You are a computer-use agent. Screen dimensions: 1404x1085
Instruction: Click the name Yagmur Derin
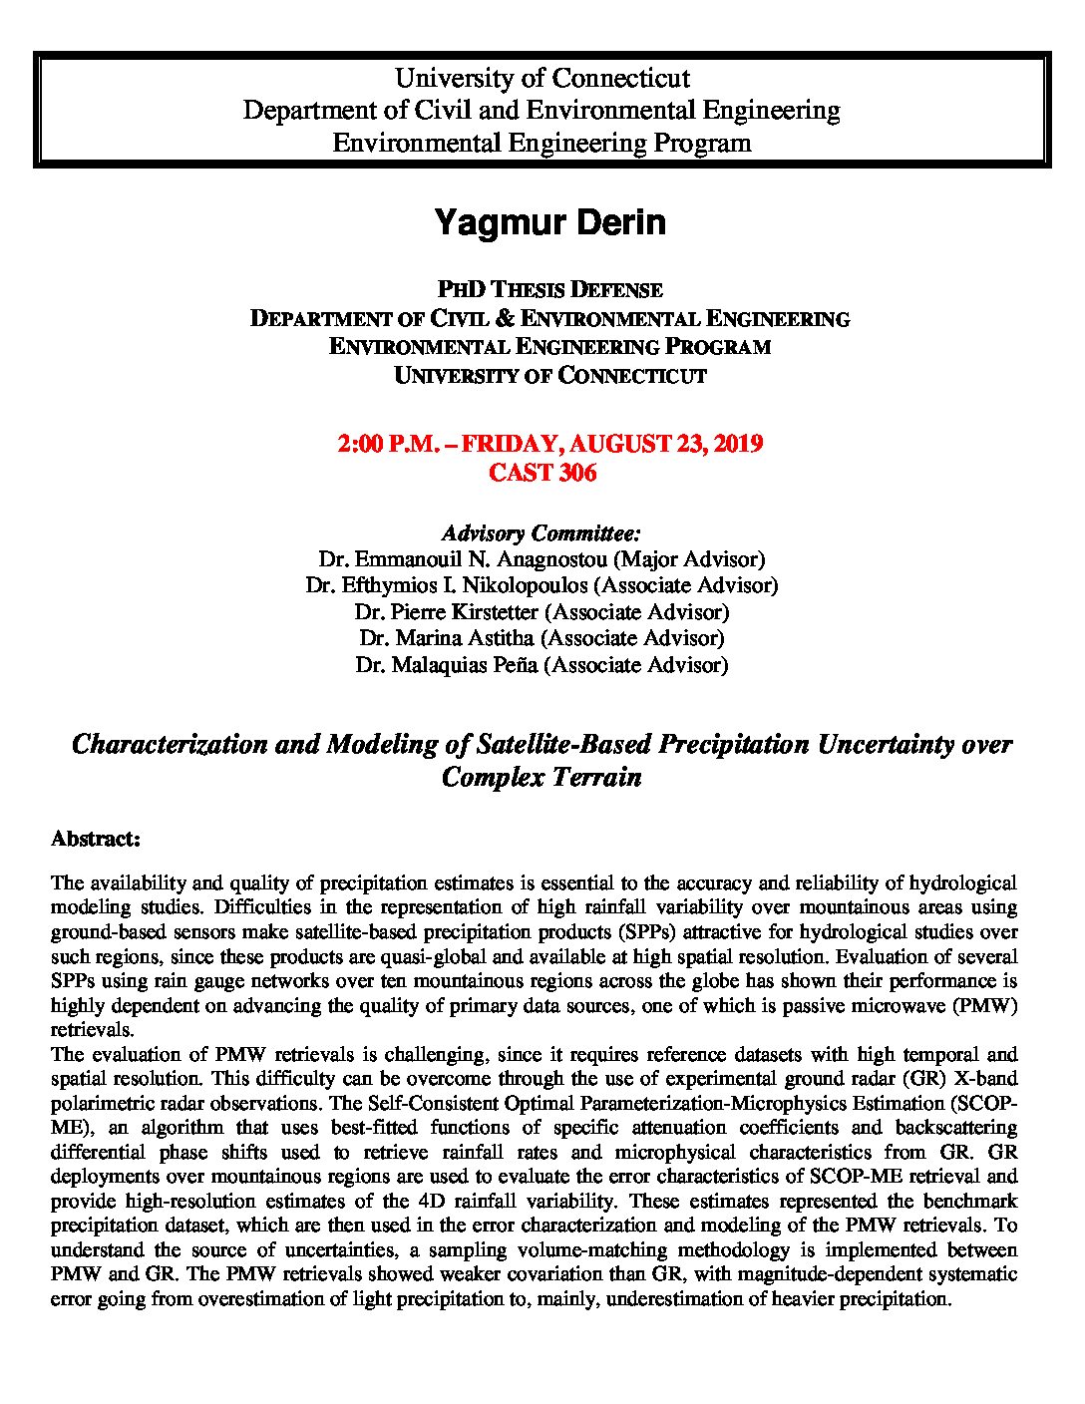(549, 222)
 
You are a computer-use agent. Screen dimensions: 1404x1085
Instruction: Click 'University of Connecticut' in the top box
(542, 78)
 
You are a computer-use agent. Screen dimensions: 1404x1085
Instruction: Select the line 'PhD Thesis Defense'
(549, 290)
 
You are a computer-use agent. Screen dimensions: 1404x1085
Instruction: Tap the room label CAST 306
(542, 473)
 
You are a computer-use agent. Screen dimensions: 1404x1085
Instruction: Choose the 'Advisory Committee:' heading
(542, 531)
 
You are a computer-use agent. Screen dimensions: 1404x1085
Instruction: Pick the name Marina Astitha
(448, 638)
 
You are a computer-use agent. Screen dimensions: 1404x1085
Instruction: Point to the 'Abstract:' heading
(95, 839)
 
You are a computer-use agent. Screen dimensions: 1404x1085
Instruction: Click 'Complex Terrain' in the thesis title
(542, 778)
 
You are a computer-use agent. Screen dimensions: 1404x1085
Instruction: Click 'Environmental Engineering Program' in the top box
(542, 143)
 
